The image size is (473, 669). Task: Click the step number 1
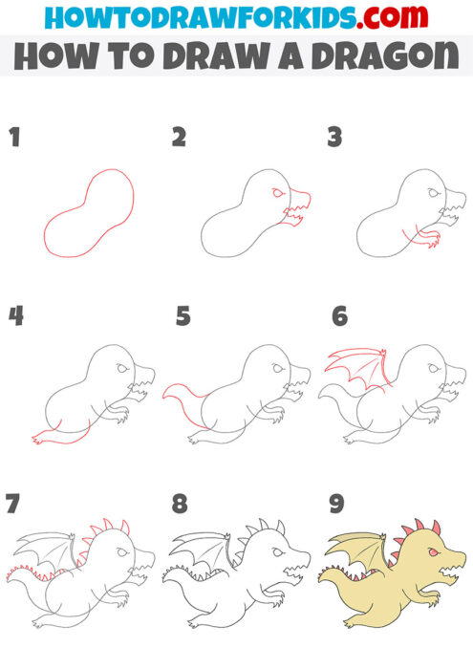coord(14,138)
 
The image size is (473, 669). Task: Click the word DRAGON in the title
coord(389,57)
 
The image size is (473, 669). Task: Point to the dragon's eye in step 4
coord(122,370)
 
